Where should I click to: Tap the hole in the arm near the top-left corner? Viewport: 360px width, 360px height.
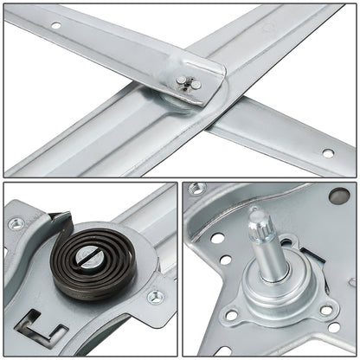56,25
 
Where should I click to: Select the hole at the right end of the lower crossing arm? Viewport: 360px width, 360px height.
327,153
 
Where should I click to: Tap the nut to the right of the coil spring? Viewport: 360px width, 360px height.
155,297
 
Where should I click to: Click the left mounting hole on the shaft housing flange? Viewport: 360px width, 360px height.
230,316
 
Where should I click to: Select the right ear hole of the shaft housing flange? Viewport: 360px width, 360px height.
327,310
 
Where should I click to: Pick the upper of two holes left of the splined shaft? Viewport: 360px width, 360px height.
216,238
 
